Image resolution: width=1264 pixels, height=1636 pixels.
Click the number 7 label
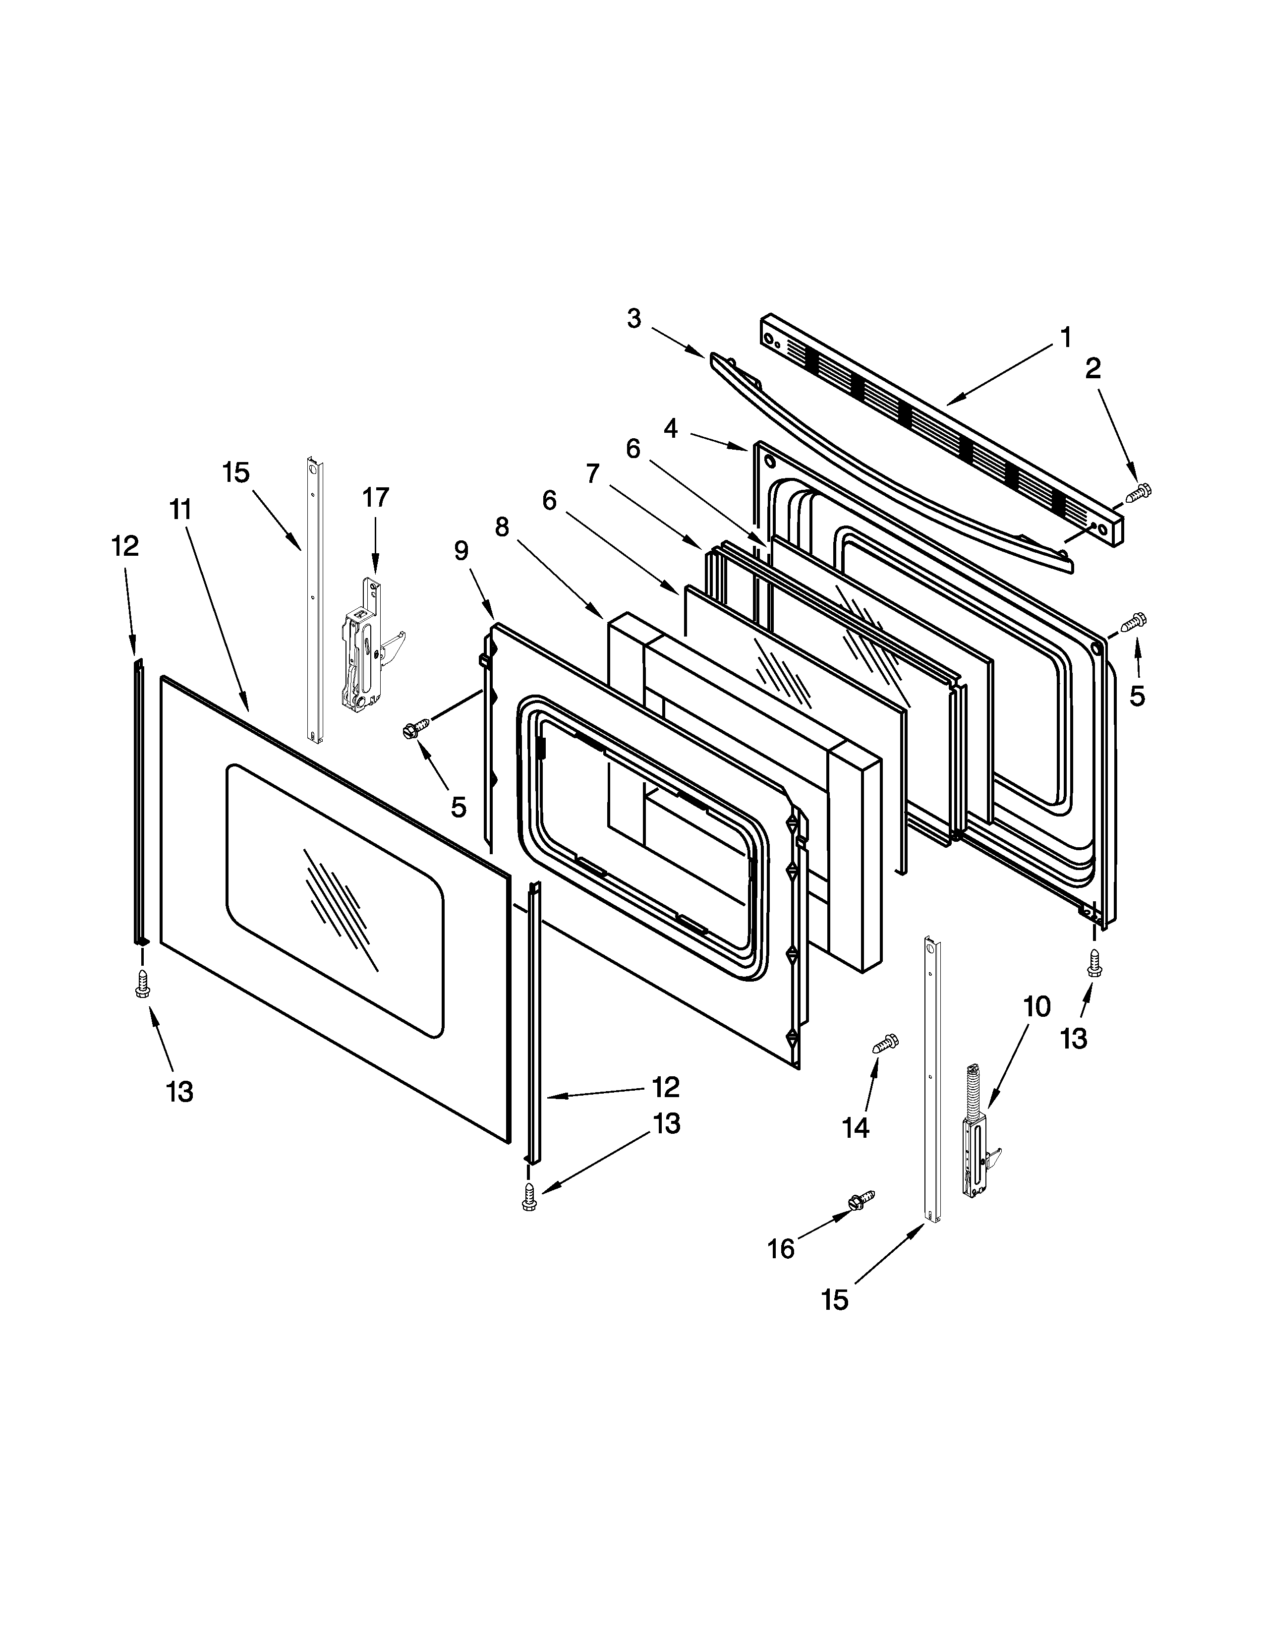tap(592, 473)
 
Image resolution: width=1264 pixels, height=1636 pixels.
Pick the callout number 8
tap(502, 527)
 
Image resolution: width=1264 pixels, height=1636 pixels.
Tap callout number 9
tap(461, 551)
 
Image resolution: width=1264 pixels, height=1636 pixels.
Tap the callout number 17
tap(376, 497)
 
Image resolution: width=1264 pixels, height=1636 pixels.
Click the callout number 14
tap(855, 1127)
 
